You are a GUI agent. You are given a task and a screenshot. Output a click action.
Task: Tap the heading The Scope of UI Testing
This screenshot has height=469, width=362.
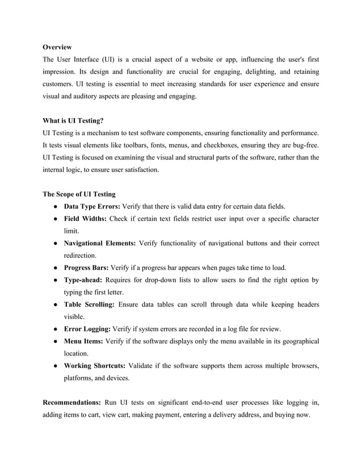coord(79,194)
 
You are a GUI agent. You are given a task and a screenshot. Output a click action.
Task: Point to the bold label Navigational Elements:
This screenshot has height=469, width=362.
coord(99,244)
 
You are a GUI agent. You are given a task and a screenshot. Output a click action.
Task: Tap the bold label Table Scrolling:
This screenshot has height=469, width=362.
coord(89,305)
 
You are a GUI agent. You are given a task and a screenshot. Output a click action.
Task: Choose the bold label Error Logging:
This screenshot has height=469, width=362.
coord(87,329)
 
